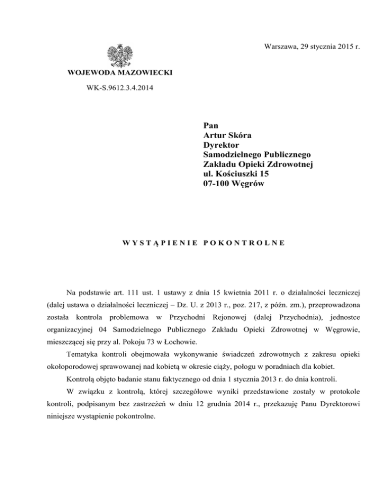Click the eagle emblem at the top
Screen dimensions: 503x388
click(x=120, y=55)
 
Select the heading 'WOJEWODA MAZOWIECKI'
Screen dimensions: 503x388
click(x=120, y=74)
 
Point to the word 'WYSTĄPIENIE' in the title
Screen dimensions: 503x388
click(x=158, y=243)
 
